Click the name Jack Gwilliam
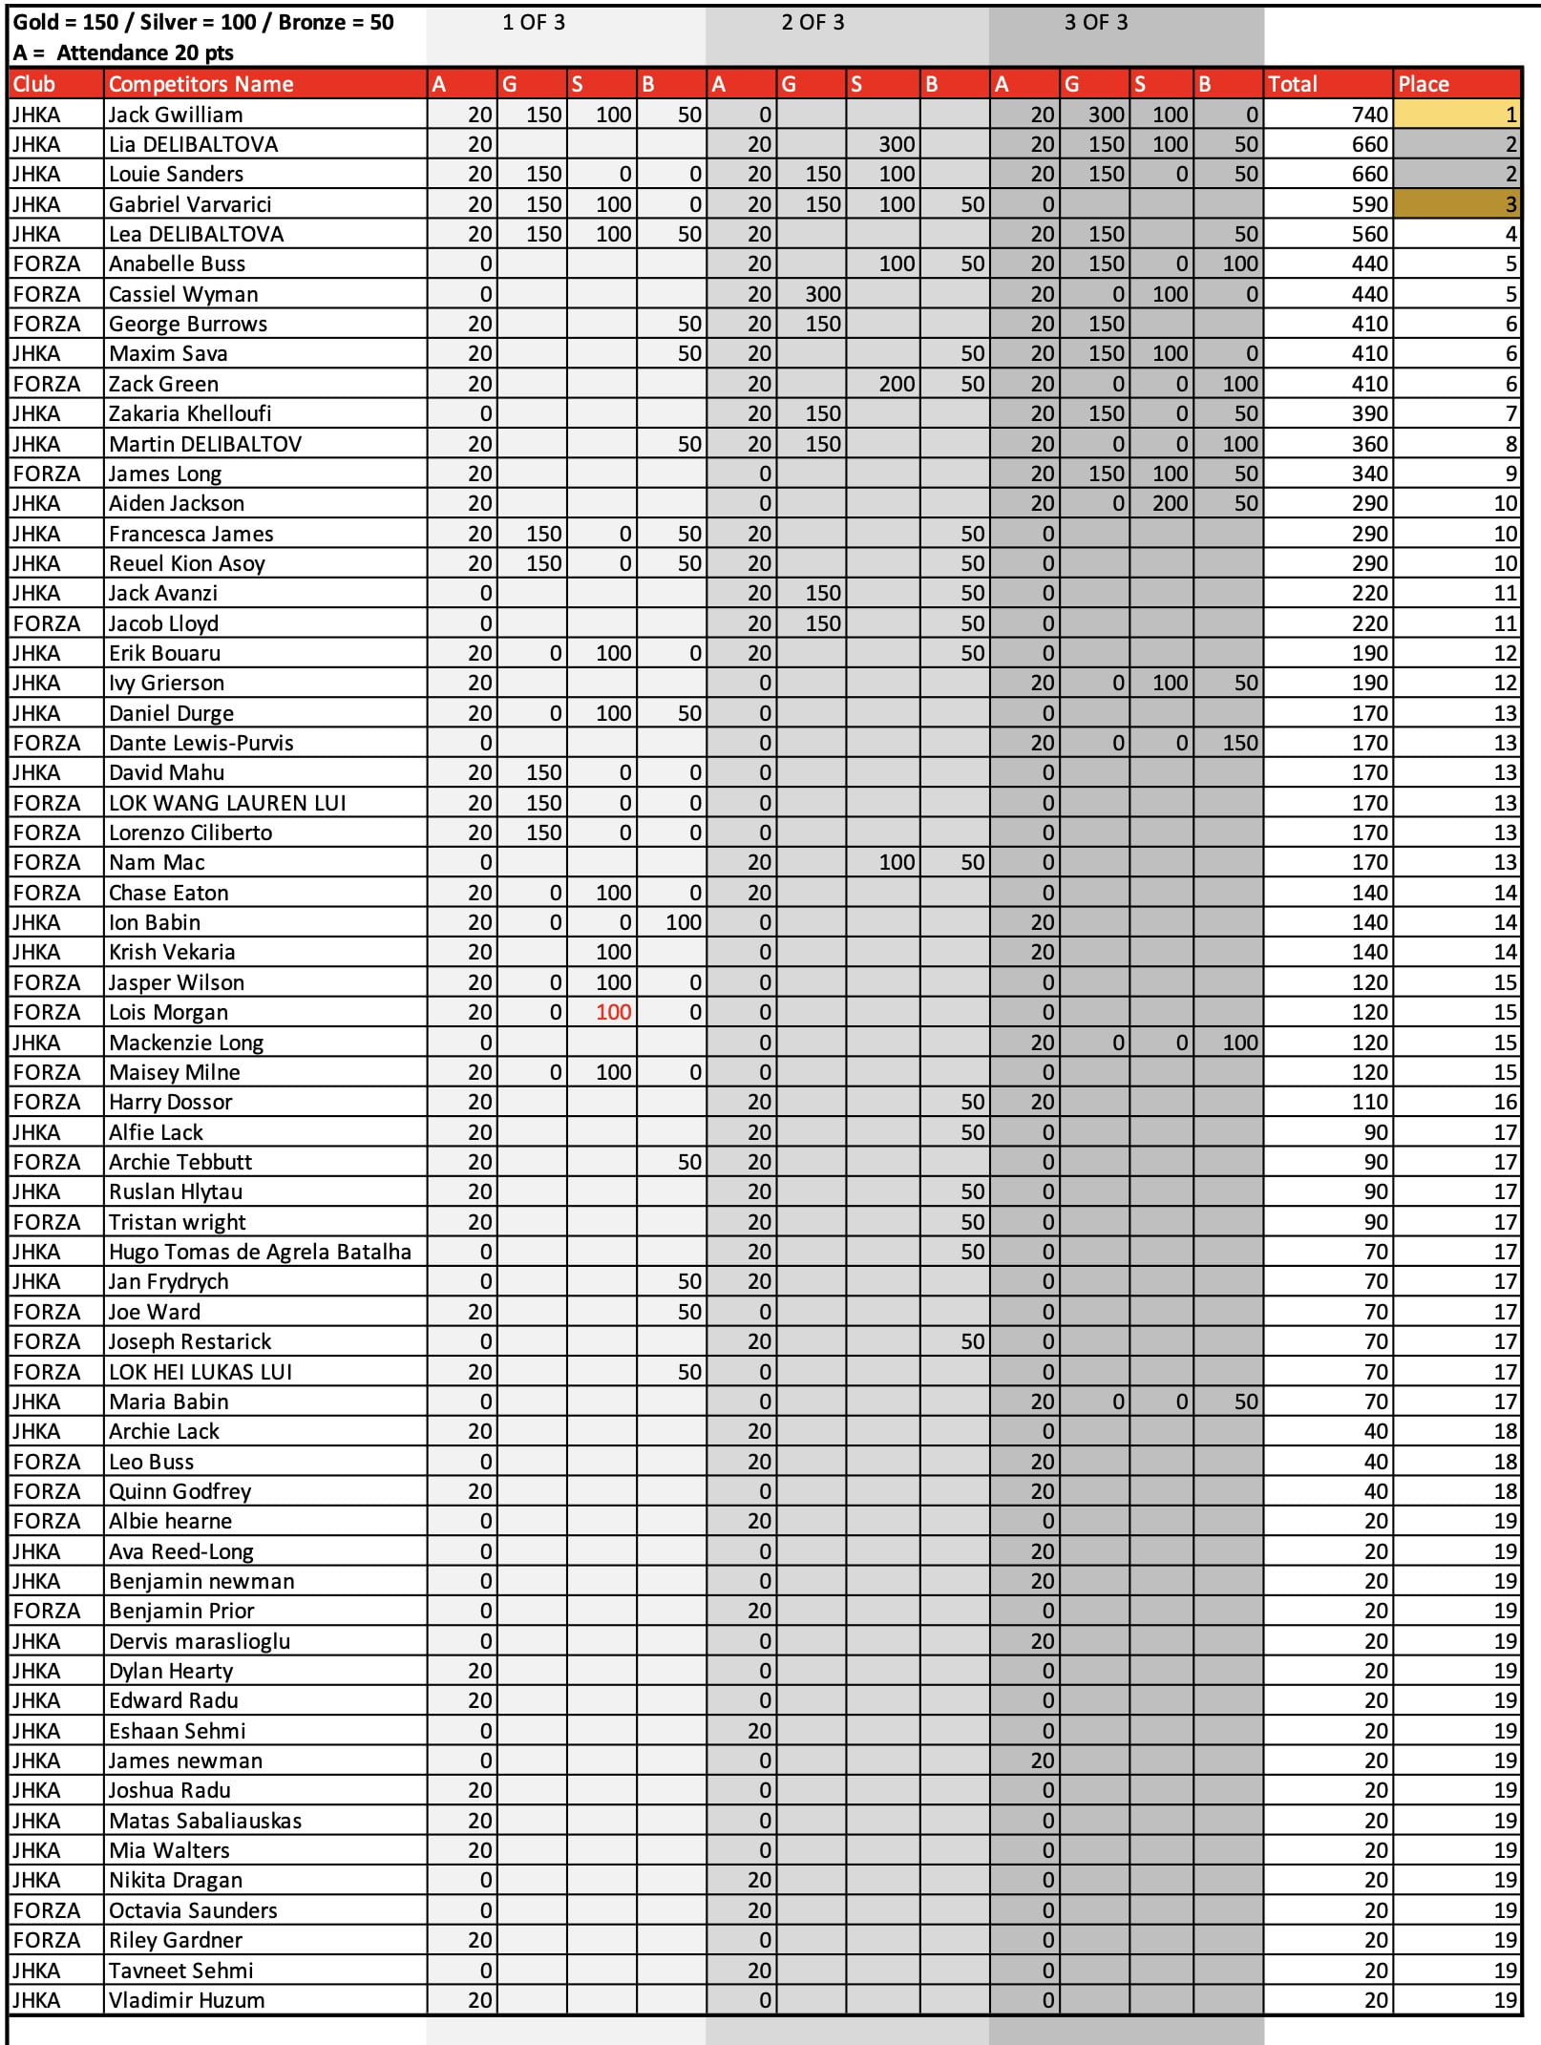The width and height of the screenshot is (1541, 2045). [x=176, y=115]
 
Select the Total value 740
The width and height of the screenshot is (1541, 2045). [x=1369, y=115]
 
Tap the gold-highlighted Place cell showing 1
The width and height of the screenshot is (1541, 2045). [x=1456, y=115]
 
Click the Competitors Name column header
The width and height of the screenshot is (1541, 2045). [x=201, y=84]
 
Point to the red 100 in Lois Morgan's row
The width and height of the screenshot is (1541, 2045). [x=613, y=1012]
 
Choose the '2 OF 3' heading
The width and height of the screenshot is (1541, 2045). [x=813, y=22]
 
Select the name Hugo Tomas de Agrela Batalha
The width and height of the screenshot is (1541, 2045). [x=260, y=1252]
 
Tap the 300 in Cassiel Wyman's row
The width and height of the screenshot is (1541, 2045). [x=822, y=294]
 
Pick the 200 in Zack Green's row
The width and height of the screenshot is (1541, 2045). [x=897, y=384]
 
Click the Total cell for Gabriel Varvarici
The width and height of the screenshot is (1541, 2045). [x=1369, y=204]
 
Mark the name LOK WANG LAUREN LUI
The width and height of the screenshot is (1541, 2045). [x=227, y=803]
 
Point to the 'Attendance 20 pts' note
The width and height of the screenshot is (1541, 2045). [x=145, y=53]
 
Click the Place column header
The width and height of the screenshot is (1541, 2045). [x=1423, y=84]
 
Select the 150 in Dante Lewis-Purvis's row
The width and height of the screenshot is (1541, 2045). [x=1239, y=743]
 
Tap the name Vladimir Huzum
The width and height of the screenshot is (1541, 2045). [x=186, y=2000]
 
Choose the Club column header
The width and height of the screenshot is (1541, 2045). [x=34, y=84]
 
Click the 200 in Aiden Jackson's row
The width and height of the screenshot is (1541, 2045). [x=1170, y=503]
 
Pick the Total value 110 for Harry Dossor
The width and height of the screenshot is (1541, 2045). [x=1369, y=1102]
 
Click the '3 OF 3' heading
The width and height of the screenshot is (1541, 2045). [x=1095, y=22]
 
